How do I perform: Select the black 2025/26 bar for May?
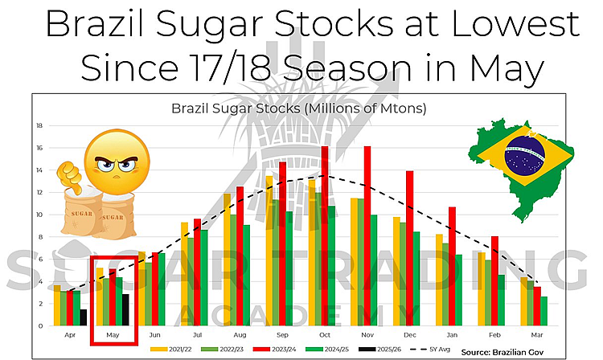tap(125, 309)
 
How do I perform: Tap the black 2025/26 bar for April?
tap(84, 317)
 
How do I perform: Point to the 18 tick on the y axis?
tap(39, 125)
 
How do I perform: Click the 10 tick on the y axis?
tap(39, 215)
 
